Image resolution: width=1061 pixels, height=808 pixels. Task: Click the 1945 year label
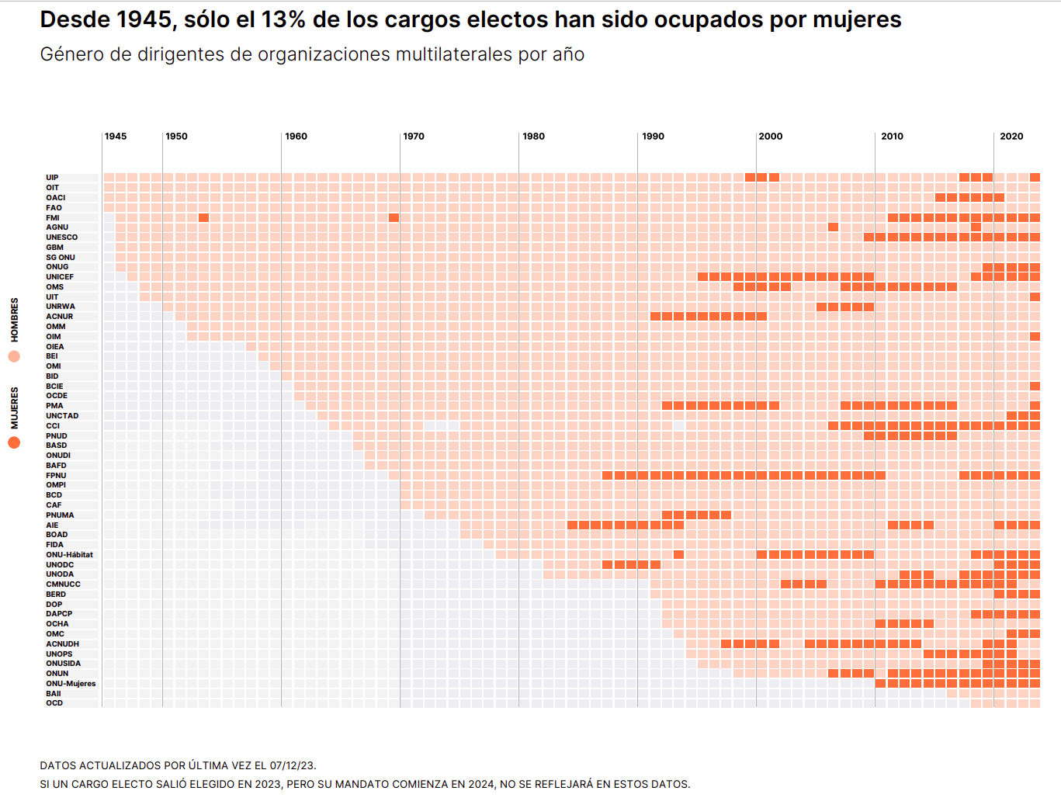[x=116, y=137]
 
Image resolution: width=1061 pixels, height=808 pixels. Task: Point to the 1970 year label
[x=414, y=137]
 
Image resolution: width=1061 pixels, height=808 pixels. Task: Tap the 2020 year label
[x=1011, y=137]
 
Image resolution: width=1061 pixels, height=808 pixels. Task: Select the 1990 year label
[x=653, y=137]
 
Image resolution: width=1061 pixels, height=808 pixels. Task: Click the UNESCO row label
[x=61, y=238]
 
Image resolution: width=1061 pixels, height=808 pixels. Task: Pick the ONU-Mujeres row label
[x=71, y=684]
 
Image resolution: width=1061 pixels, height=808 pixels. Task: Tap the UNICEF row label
[x=60, y=277]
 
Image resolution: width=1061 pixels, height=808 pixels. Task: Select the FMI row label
[x=52, y=218]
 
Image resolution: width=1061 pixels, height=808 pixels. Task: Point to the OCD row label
[x=54, y=703]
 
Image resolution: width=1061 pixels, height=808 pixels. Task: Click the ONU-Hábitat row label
[x=69, y=555]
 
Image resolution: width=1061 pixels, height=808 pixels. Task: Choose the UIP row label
[x=52, y=178]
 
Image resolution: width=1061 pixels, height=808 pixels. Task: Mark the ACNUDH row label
[x=62, y=644]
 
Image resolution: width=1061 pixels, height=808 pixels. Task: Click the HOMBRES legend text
[x=15, y=320]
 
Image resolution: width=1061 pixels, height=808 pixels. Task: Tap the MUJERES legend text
[x=15, y=407]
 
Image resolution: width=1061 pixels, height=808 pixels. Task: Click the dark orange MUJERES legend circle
[x=14, y=442]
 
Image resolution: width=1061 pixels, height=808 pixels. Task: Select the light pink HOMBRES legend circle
[x=14, y=356]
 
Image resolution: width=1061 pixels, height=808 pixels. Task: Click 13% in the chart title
[x=283, y=20]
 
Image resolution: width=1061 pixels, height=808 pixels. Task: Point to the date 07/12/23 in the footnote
[x=292, y=766]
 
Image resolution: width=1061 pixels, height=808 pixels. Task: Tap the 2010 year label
[x=892, y=137]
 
